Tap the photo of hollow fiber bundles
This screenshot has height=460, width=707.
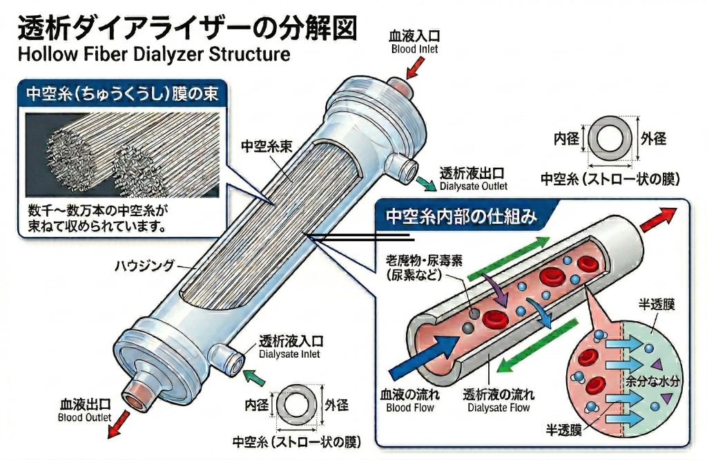point(122,153)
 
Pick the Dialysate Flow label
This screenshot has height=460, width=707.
point(497,401)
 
